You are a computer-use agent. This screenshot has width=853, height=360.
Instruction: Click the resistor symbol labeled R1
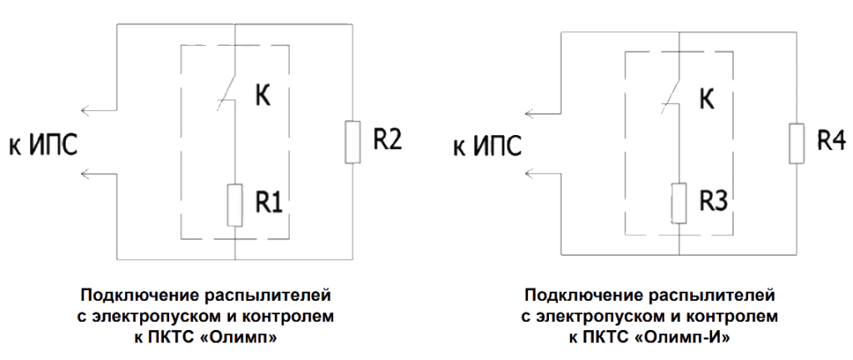pos(235,205)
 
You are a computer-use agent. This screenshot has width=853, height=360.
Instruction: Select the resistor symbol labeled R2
pos(352,141)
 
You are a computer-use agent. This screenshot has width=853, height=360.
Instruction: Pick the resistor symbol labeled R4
pos(798,142)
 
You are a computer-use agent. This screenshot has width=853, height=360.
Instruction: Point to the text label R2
pos(387,140)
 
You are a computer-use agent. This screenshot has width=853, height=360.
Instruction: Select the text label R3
pos(716,201)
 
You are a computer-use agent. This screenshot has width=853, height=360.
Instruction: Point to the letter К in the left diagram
pos(262,96)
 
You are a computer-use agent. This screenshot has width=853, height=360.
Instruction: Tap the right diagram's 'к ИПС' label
pos(487,148)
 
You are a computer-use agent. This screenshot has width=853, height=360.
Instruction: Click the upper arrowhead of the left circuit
pos(84,111)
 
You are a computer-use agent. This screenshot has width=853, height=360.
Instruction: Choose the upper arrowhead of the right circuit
pos(528,113)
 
